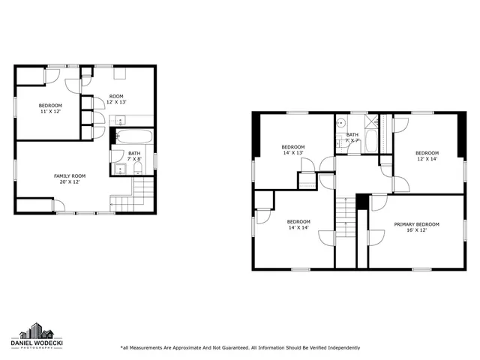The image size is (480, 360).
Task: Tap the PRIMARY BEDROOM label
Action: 416,224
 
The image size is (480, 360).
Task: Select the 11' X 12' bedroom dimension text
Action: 50,111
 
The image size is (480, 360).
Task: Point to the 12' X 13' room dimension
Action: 115,102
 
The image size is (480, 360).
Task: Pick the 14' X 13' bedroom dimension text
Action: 293,152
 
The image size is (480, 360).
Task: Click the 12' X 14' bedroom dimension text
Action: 427,158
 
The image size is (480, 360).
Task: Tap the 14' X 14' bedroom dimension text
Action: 298,227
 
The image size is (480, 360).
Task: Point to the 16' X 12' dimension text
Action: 416,230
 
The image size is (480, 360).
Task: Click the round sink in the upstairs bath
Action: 341,124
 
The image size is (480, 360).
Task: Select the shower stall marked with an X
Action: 370,124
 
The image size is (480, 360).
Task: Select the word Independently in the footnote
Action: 338,348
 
